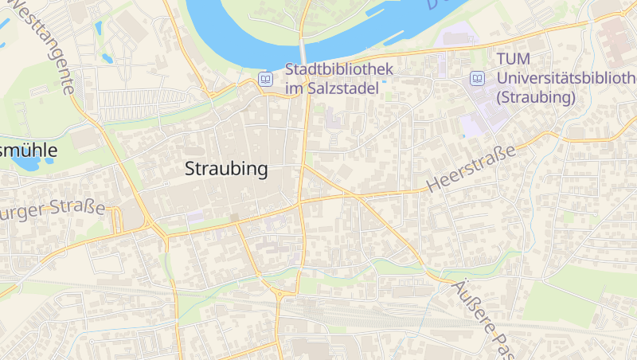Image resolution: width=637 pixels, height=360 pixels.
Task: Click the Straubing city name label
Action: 226,170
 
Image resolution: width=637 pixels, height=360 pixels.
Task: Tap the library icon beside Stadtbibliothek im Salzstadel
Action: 265,79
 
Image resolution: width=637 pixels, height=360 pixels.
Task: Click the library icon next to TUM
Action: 477,78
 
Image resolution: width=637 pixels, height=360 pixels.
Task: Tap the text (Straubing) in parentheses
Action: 535,98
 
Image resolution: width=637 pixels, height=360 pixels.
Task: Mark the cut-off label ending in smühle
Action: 29,149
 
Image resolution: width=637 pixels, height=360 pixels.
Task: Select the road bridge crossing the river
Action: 303,44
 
